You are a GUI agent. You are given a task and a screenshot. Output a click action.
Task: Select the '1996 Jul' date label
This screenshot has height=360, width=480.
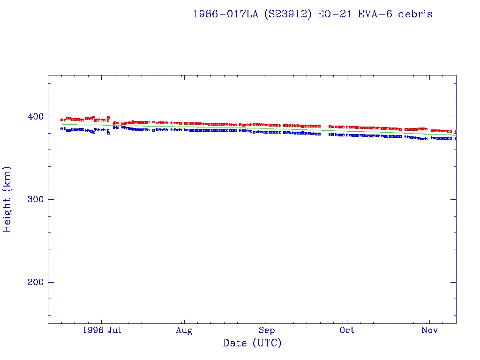coord(102,330)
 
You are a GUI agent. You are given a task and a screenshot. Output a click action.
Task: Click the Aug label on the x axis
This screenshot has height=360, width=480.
coord(184,330)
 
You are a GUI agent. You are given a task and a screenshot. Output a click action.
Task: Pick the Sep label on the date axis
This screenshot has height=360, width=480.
coord(266,330)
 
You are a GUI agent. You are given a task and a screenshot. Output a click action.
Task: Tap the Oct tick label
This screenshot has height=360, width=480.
coord(347,330)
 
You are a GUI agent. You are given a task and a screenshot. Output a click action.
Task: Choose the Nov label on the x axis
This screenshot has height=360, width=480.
coord(429,330)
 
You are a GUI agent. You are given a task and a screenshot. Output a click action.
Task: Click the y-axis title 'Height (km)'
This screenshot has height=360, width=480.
coord(7,199)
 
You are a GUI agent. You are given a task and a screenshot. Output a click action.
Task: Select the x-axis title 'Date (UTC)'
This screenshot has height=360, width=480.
coord(252,344)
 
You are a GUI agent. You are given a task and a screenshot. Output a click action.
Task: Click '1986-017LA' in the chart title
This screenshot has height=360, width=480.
coord(225,14)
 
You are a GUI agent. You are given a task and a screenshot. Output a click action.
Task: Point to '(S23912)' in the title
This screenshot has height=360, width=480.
coord(287,14)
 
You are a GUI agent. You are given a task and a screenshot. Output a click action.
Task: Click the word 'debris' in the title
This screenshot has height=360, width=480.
coord(415,14)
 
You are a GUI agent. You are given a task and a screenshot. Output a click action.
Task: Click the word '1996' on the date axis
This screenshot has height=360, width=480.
coord(92,330)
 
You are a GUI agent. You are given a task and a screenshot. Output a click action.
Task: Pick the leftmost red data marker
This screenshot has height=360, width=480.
coord(62,120)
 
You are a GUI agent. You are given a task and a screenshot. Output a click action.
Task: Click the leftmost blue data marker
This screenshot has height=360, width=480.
coord(62,128)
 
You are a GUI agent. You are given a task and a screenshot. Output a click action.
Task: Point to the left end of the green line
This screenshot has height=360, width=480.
coord(62,124)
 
